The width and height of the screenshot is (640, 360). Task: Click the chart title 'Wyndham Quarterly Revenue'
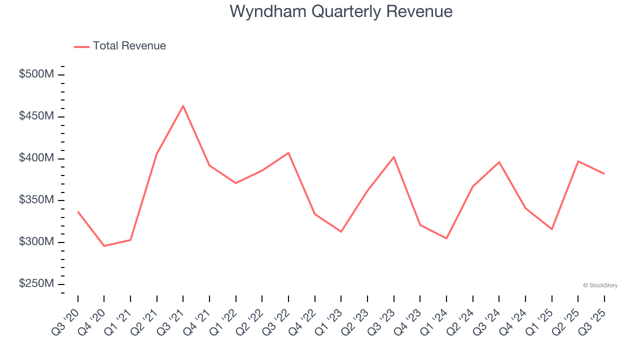point(341,11)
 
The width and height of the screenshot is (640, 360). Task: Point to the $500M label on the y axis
point(36,74)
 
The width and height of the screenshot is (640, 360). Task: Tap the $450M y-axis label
point(36,116)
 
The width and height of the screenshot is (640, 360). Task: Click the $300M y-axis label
point(36,242)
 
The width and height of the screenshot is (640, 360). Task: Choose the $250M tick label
point(36,284)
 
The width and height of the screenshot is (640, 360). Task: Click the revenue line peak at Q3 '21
point(183,106)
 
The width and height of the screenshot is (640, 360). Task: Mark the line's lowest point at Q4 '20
point(104,246)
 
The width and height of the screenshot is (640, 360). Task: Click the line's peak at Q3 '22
point(288,152)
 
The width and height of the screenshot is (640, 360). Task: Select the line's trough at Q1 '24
point(446,238)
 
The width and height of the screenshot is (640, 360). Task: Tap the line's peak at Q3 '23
point(394,157)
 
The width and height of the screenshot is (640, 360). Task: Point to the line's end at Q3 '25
point(604,173)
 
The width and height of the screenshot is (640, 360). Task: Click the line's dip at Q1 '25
point(552,229)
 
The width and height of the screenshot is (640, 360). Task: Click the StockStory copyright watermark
point(600,285)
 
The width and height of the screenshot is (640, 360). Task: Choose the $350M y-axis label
point(36,200)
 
